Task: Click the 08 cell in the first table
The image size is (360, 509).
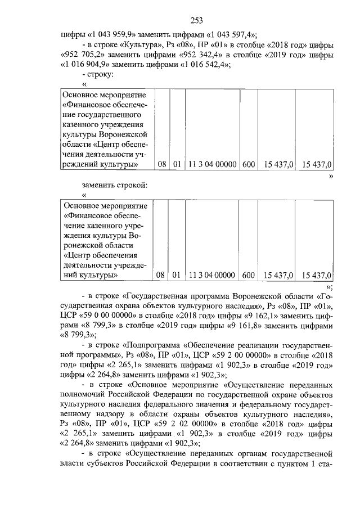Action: (162, 164)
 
